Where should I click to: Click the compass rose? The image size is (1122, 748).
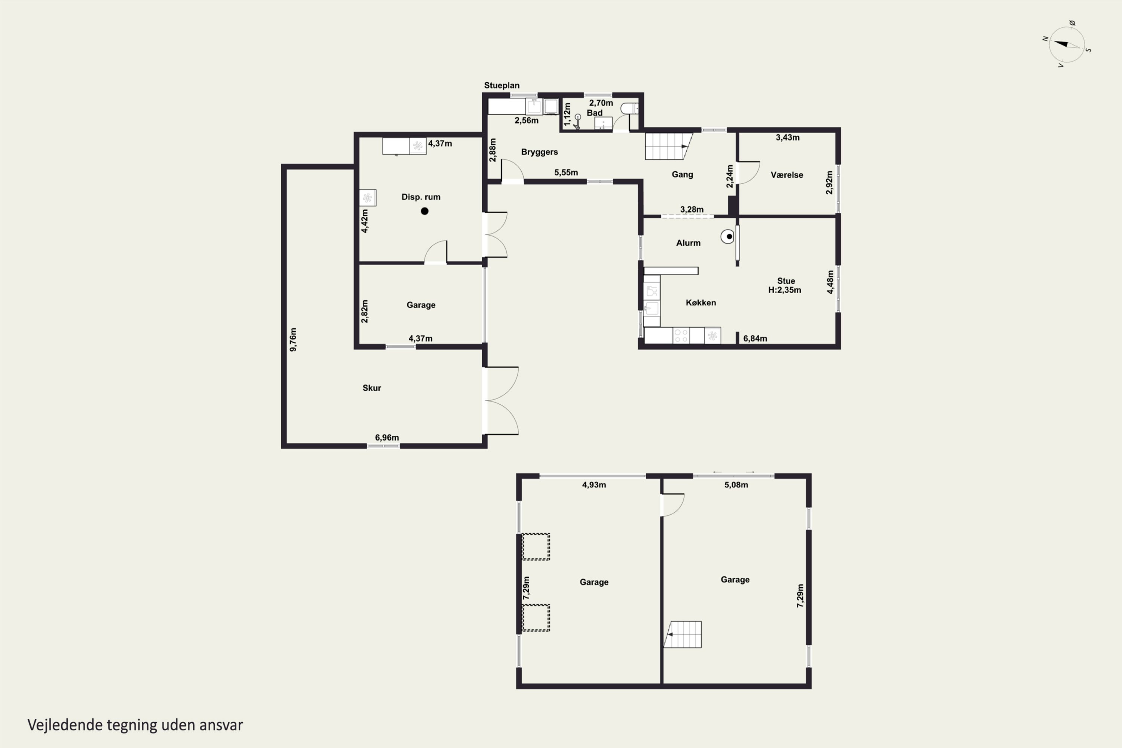(x=1067, y=45)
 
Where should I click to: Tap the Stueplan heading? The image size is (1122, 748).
(x=502, y=85)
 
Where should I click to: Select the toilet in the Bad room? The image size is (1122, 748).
(x=630, y=109)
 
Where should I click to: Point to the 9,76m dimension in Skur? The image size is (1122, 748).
(x=293, y=340)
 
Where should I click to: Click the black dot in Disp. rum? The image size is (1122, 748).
(x=424, y=211)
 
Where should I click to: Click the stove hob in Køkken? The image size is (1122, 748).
(x=681, y=335)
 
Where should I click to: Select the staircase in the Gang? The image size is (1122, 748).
(x=668, y=146)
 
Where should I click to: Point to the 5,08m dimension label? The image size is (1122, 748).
(x=736, y=485)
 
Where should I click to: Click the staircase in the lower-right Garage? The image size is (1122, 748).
(x=683, y=634)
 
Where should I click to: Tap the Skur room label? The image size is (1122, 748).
(x=372, y=388)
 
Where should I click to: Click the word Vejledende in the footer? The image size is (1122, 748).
(x=65, y=725)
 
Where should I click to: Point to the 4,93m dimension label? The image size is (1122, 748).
(x=594, y=485)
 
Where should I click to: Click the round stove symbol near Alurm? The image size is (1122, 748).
(x=727, y=237)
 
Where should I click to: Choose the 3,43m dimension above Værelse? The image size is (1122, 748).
(x=788, y=137)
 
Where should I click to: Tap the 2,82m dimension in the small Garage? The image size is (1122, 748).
(x=364, y=311)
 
